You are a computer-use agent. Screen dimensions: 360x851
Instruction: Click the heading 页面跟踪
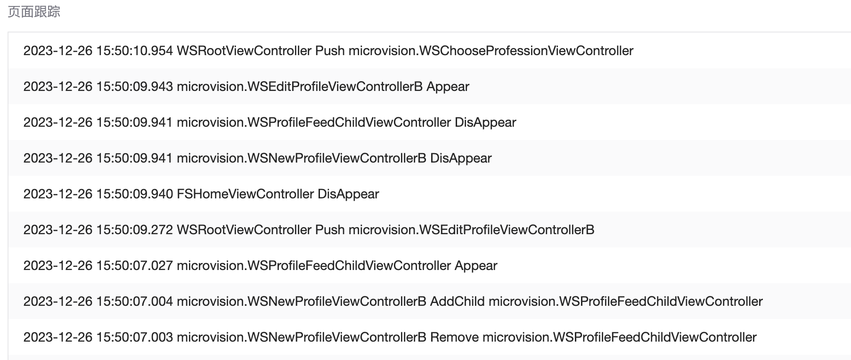pyautogui.click(x=34, y=12)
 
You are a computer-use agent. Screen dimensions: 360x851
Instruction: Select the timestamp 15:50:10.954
pyautogui.click(x=134, y=51)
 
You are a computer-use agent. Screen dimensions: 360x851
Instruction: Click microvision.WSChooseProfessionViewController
pyautogui.click(x=491, y=51)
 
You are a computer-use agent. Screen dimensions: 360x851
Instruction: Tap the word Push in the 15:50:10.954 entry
pyautogui.click(x=330, y=51)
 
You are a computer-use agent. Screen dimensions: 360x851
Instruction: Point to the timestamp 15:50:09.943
pyautogui.click(x=134, y=87)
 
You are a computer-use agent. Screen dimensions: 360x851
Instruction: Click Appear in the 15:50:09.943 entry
pyautogui.click(x=448, y=87)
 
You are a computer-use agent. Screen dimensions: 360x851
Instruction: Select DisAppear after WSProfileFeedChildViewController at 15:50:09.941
pyautogui.click(x=485, y=123)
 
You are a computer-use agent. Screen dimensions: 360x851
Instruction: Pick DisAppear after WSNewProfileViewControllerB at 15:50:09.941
pyautogui.click(x=461, y=158)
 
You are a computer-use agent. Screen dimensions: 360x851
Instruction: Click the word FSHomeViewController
pyautogui.click(x=245, y=194)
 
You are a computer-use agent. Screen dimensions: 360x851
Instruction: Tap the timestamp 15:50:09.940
pyautogui.click(x=134, y=194)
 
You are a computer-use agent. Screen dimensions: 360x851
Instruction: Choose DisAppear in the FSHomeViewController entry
pyautogui.click(x=348, y=194)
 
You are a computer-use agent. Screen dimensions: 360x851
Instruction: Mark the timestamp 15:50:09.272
pyautogui.click(x=134, y=230)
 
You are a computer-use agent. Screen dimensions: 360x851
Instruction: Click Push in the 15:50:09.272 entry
pyautogui.click(x=330, y=230)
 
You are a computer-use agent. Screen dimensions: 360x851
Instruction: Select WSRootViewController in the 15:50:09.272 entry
pyautogui.click(x=244, y=230)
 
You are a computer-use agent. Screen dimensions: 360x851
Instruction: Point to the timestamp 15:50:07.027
pyautogui.click(x=134, y=266)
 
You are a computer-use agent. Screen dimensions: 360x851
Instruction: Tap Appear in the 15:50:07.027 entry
pyautogui.click(x=476, y=266)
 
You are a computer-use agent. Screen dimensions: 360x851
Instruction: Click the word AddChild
pyautogui.click(x=457, y=302)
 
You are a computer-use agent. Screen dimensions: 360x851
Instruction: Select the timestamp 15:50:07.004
pyautogui.click(x=134, y=302)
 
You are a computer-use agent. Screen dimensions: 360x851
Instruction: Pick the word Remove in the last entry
pyautogui.click(x=454, y=337)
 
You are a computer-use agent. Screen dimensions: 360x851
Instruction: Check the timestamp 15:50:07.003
pyautogui.click(x=134, y=337)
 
